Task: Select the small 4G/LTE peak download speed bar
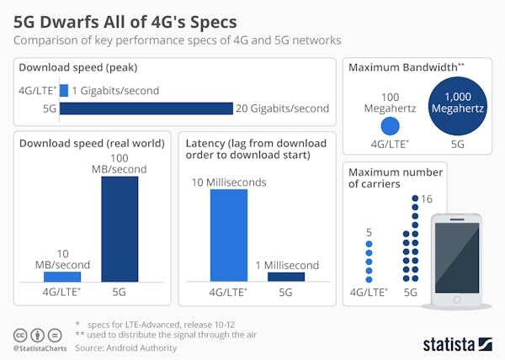coord(63,90)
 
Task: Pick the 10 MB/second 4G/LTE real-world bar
coord(62,276)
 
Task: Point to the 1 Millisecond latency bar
coord(286,276)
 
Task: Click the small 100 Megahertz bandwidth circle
coord(390,127)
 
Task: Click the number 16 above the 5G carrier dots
coord(428,199)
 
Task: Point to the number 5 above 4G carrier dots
coord(368,233)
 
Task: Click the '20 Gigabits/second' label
coord(284,108)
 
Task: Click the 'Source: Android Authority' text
coord(125,347)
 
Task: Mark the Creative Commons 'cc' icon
coord(19,333)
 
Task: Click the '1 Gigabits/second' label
coord(115,90)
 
